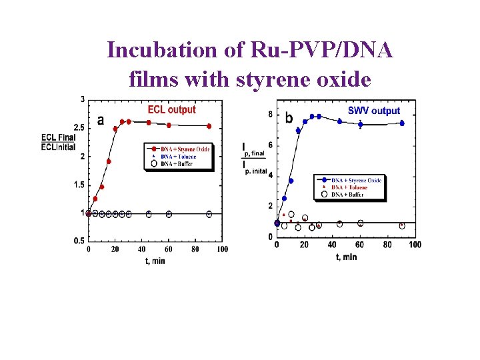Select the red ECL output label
pyautogui.click(x=171, y=109)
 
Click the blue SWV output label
pyautogui.click(x=374, y=111)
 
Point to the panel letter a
pyautogui.click(x=101, y=121)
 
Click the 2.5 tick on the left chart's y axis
pyautogui.click(x=79, y=127)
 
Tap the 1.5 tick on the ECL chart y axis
pyautogui.click(x=79, y=185)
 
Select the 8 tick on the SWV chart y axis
pyautogui.click(x=270, y=115)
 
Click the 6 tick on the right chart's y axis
pyautogui.click(x=270, y=145)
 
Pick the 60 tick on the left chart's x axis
pyautogui.click(x=169, y=249)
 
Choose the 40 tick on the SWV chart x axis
pyautogui.click(x=332, y=245)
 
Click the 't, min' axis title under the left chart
pyautogui.click(x=156, y=260)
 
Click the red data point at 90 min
pyautogui.click(x=209, y=126)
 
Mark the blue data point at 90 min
pyautogui.click(x=402, y=123)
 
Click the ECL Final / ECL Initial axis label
pyautogui.click(x=58, y=142)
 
